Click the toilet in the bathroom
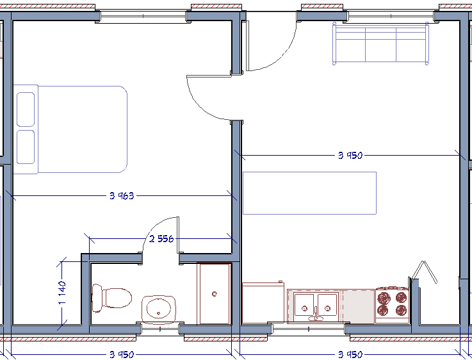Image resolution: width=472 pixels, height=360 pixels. pyautogui.click(x=111, y=298)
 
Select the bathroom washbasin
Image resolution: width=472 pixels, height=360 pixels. pyautogui.click(x=159, y=309)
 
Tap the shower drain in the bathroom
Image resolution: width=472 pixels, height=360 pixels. pyautogui.click(x=215, y=294)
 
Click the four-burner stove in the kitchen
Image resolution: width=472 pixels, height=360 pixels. pyautogui.click(x=392, y=305)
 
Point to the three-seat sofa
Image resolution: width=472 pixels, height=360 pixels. pyautogui.click(x=380, y=44)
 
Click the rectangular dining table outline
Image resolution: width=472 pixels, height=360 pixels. pyautogui.click(x=309, y=193)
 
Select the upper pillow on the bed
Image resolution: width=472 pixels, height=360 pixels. pyautogui.click(x=26, y=110)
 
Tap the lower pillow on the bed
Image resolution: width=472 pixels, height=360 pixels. pyautogui.click(x=26, y=147)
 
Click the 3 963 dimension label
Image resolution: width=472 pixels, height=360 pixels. pyautogui.click(x=122, y=196)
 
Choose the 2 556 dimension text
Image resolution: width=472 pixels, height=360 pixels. pyautogui.click(x=161, y=239)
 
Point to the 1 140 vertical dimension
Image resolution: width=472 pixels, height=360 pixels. pyautogui.click(x=62, y=292)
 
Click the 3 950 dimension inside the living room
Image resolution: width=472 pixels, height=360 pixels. pyautogui.click(x=350, y=155)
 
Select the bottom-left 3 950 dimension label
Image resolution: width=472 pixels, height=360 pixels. pyautogui.click(x=122, y=355)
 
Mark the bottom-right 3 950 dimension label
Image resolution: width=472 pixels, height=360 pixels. pyautogui.click(x=350, y=355)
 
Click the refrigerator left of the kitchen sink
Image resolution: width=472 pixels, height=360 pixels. pyautogui.click(x=263, y=302)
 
